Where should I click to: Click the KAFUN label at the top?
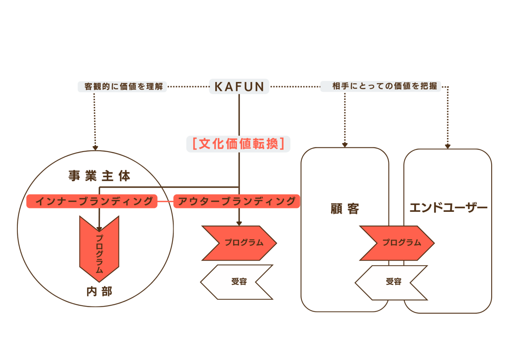[239, 87]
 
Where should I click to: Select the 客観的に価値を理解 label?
[122, 87]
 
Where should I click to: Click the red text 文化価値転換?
[239, 143]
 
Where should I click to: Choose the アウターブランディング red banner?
[236, 201]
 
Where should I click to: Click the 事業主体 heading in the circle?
[99, 176]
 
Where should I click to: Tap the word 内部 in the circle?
[99, 292]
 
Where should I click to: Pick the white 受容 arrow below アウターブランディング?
[238, 282]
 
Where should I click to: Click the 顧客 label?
[345, 209]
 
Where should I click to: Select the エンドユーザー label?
[448, 208]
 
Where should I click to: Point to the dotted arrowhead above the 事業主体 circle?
[95, 147]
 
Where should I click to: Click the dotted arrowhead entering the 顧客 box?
[345, 145]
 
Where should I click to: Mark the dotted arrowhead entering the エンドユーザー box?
[448, 146]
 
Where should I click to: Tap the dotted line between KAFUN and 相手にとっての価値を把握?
[295, 87]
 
